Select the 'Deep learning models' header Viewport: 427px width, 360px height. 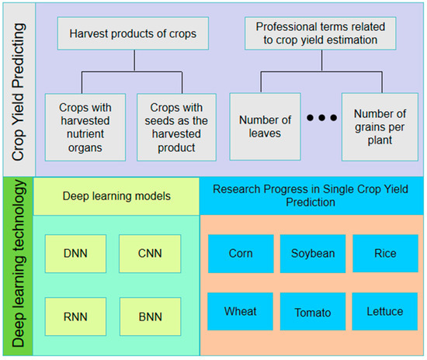117,196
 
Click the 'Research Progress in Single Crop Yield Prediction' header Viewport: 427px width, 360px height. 312,196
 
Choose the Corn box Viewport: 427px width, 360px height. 241,254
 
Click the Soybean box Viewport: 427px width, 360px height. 312,254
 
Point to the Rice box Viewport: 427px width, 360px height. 384,254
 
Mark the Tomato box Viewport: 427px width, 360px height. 312,313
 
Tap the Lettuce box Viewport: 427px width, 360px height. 384,313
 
